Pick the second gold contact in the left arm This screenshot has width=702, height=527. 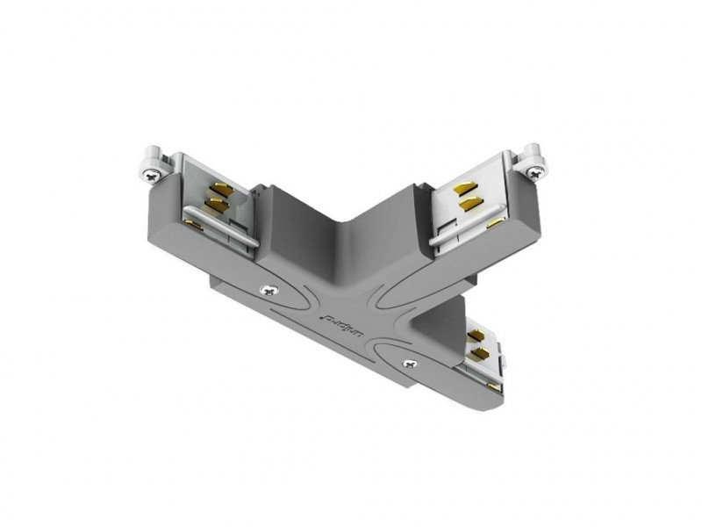point(212,206)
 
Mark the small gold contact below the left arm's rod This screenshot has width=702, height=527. point(195,227)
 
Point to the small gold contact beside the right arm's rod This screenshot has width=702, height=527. point(497,225)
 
